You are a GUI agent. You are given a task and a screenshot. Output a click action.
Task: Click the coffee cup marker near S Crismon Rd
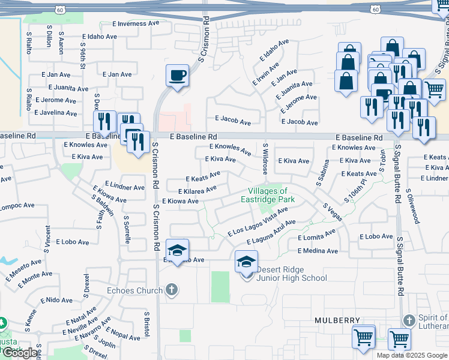point(177,76)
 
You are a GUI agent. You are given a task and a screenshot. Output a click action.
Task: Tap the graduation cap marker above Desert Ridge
point(246,262)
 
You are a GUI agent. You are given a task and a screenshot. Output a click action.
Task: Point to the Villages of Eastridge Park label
point(268,195)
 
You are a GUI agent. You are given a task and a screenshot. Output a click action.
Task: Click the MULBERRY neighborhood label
point(337,321)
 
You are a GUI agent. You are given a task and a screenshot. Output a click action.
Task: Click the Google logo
point(20,353)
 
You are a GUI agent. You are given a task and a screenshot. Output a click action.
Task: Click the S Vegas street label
point(333,212)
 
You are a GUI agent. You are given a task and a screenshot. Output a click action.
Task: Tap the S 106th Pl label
point(355,190)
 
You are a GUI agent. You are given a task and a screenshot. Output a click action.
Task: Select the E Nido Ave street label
point(56,299)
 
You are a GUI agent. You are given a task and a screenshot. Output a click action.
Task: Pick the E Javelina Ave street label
point(56,112)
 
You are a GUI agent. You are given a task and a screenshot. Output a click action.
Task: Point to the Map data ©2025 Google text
point(412,355)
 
